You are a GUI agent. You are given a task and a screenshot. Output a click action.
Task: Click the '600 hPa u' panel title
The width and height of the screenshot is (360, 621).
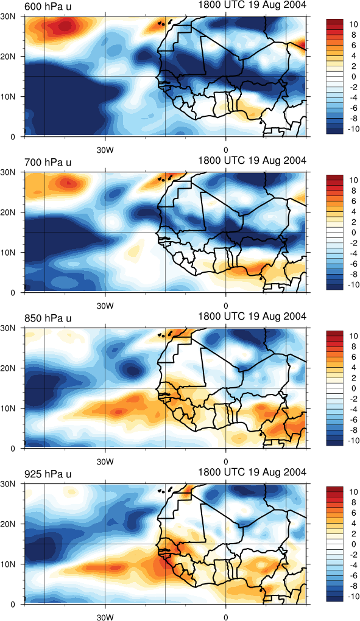[48, 7]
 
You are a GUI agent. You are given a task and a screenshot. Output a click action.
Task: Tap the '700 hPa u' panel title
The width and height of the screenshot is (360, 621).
[48, 163]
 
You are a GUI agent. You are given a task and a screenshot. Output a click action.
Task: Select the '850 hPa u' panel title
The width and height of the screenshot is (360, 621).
[48, 318]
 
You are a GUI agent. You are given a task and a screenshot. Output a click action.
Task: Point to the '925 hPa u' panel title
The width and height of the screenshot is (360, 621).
[48, 474]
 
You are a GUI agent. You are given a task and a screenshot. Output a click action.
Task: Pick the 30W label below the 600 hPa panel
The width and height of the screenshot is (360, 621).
[105, 150]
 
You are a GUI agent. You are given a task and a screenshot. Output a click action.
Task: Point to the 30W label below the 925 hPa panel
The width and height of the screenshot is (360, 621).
[105, 617]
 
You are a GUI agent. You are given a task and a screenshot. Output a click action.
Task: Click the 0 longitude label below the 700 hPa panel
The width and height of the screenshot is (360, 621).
[226, 306]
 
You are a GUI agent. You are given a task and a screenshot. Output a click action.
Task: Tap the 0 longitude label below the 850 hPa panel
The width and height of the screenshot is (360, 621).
[226, 461]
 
